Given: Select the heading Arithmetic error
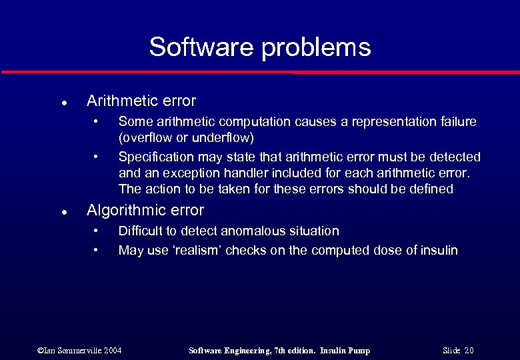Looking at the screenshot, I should tap(141, 101).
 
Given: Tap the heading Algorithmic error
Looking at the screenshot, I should tap(145, 211).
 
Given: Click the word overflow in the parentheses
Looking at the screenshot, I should tap(145, 138).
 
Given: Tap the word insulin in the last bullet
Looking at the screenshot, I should tap(437, 251).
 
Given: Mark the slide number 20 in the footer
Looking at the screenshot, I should tap(469, 351).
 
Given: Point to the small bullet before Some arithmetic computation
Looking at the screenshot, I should tap(97, 121).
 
